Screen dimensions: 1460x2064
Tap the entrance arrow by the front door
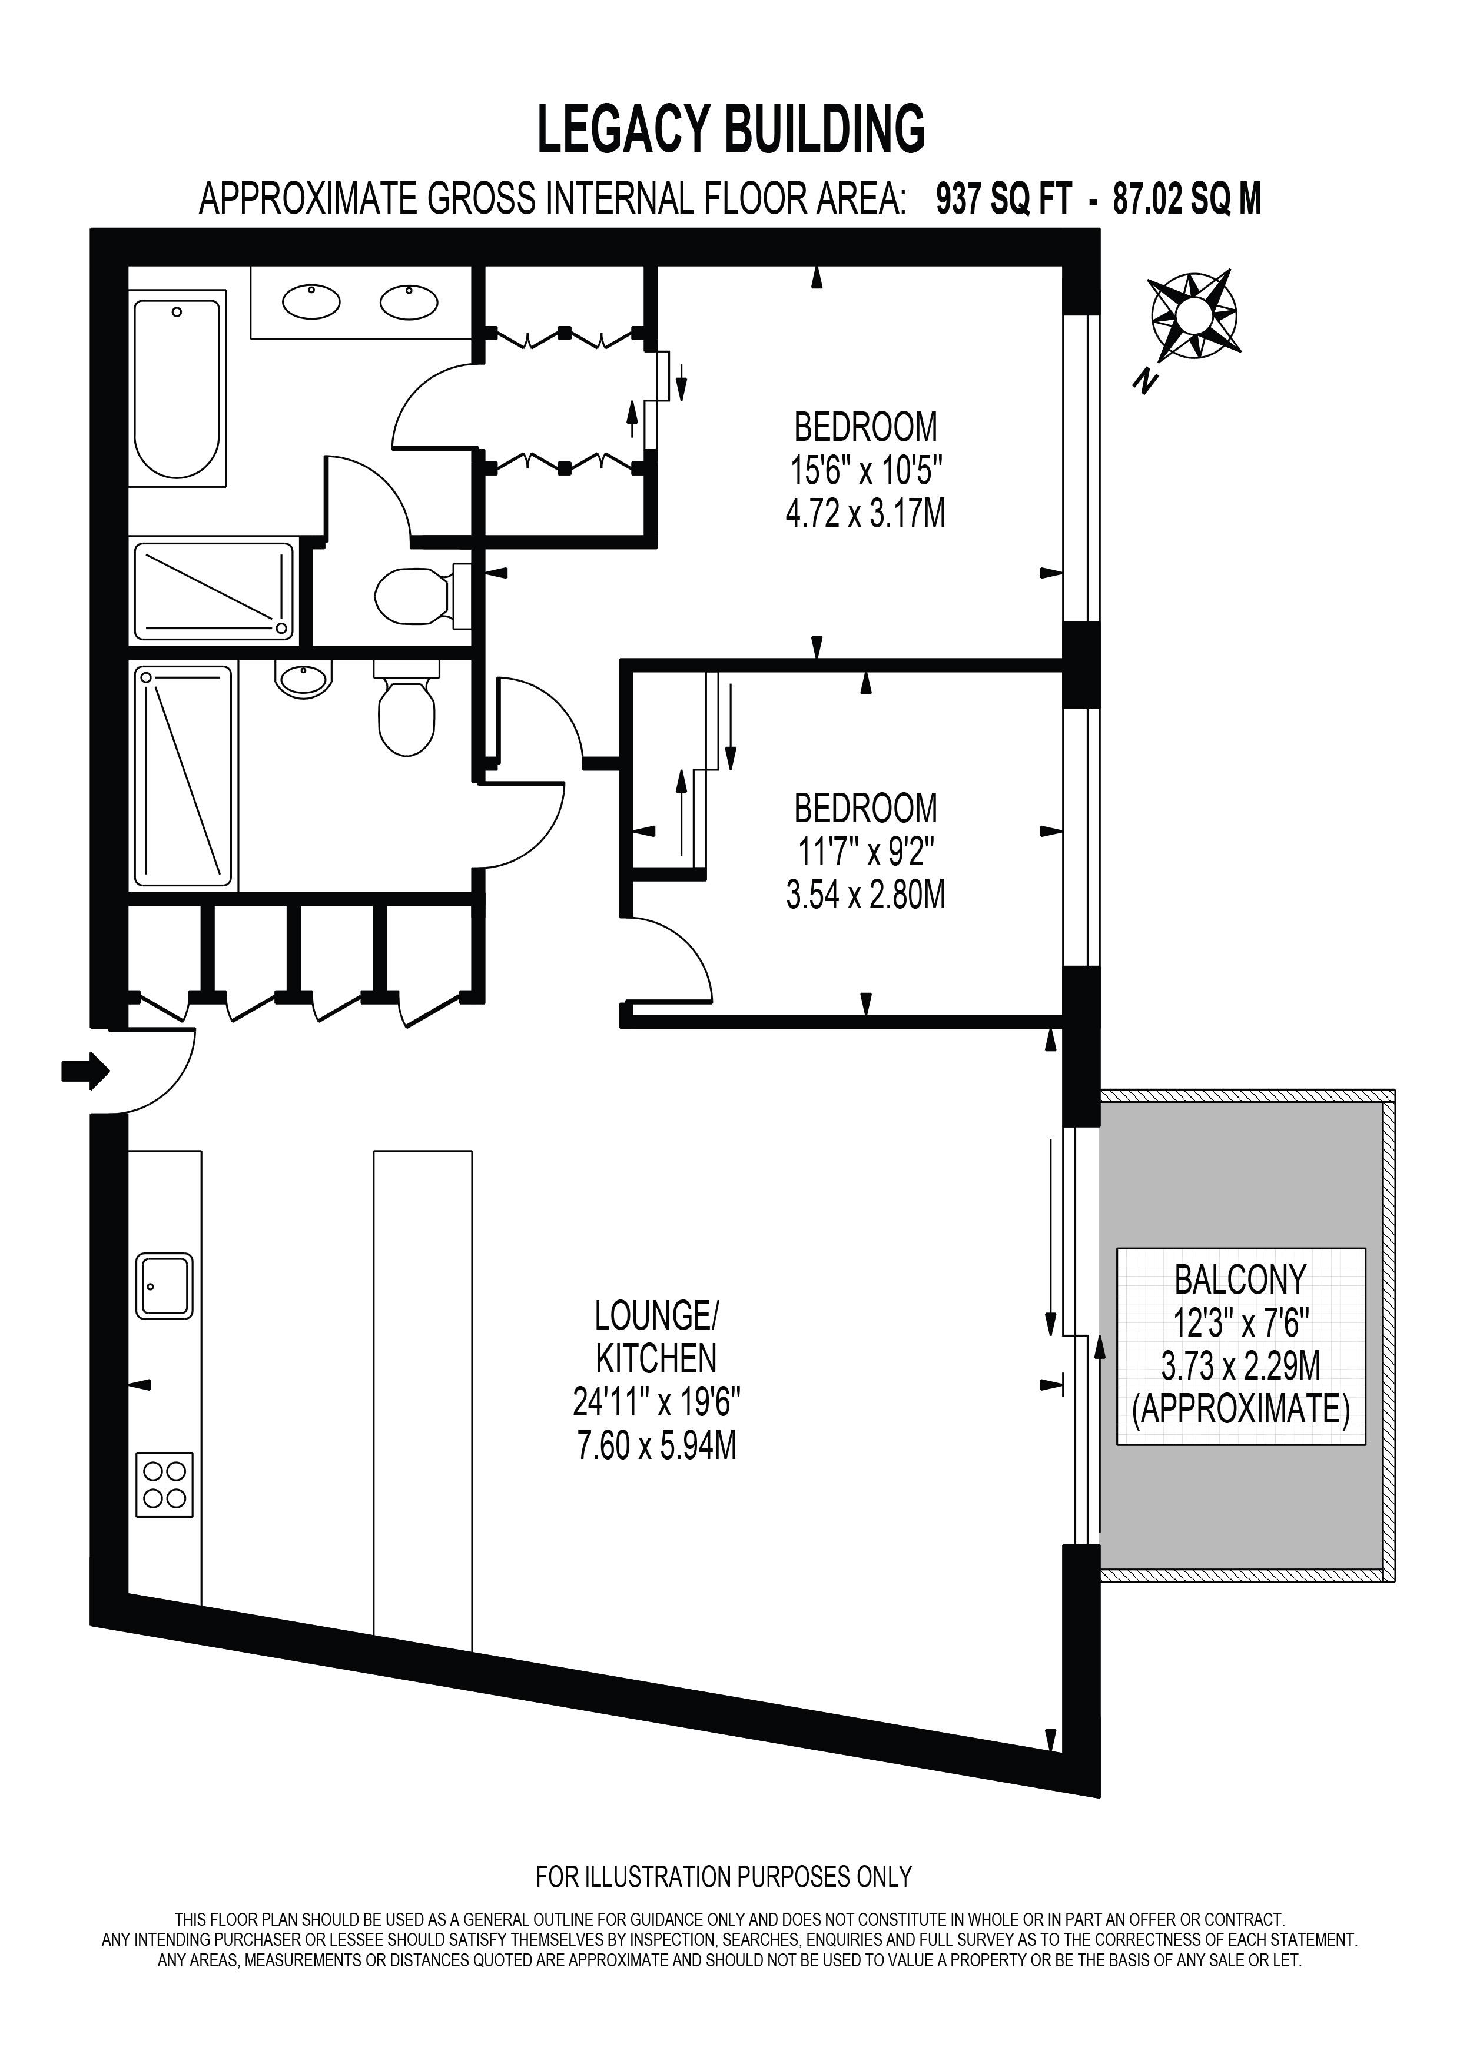(x=85, y=1071)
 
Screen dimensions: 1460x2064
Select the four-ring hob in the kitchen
(x=164, y=1484)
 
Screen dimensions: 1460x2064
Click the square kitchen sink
(x=164, y=1287)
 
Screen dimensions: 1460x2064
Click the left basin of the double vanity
(x=311, y=301)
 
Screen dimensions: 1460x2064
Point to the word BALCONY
(x=1240, y=1278)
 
